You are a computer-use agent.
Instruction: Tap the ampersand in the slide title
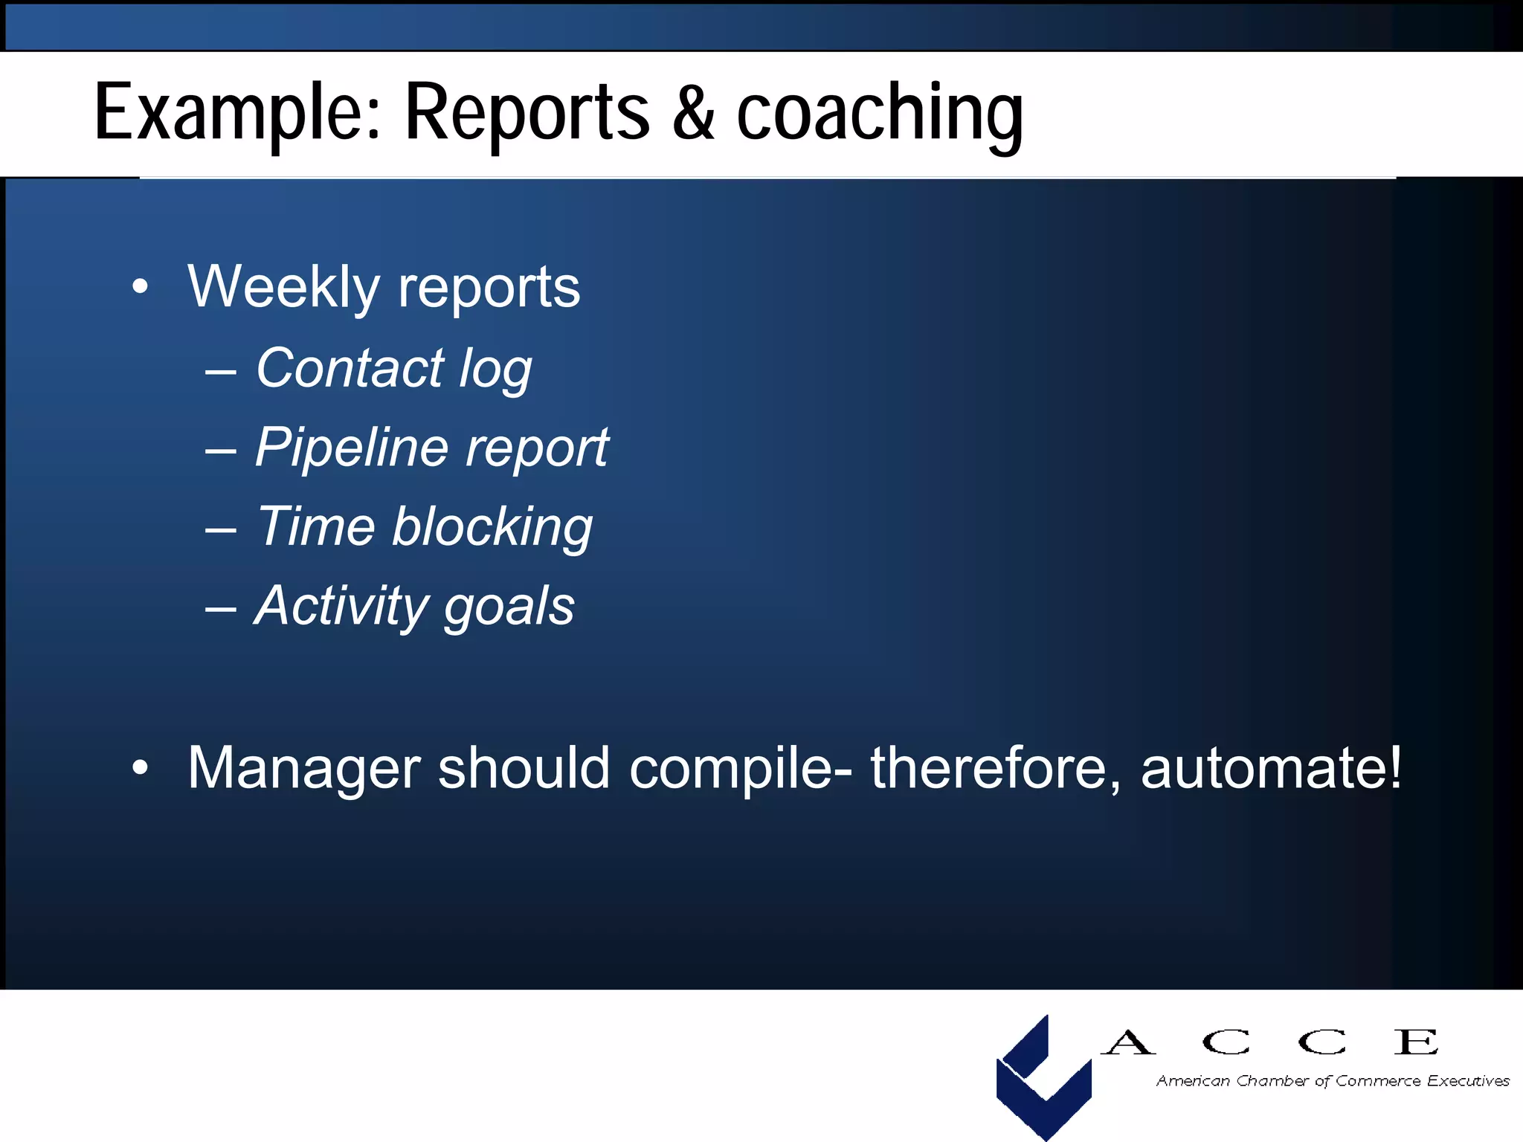(693, 113)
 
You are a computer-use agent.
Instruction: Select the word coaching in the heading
(880, 113)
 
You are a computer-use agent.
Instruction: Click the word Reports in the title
(527, 113)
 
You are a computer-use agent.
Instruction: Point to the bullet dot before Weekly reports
(140, 287)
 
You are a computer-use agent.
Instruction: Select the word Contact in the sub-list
(350, 368)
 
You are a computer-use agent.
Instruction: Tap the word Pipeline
(352, 448)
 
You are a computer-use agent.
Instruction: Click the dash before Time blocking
(221, 529)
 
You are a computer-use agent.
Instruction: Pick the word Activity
(341, 606)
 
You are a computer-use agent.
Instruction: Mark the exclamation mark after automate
(1394, 767)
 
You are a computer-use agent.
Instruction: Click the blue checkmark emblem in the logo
(1043, 1078)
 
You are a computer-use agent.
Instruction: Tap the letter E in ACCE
(1416, 1042)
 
